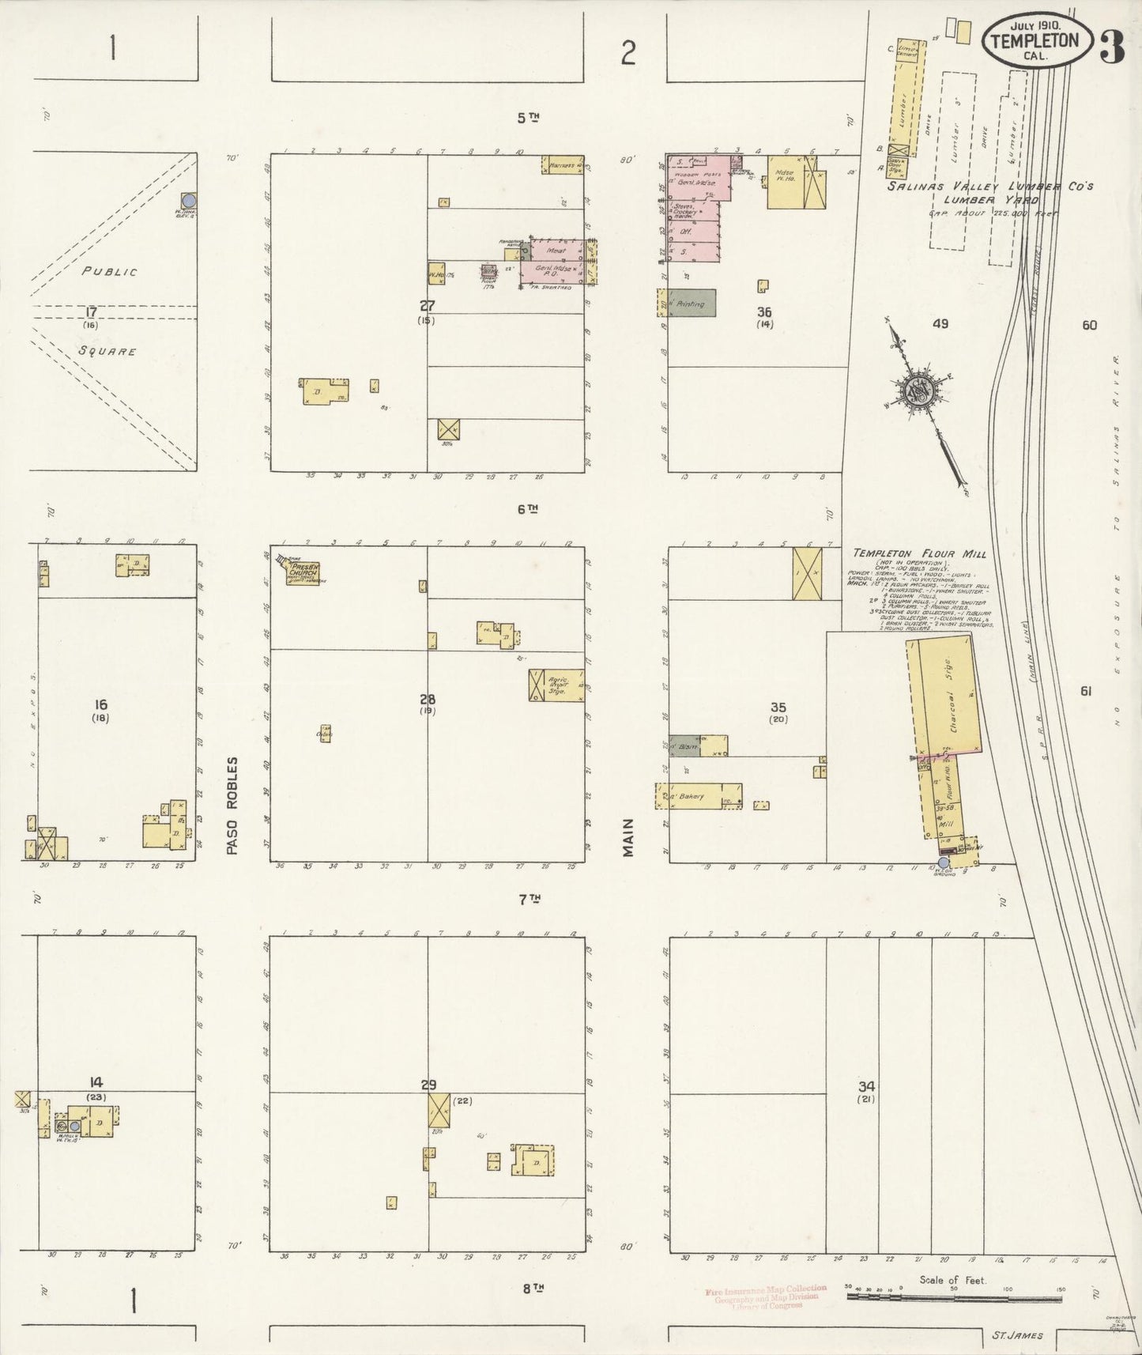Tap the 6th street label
(529, 509)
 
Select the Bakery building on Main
(699, 796)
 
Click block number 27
(427, 305)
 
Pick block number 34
(866, 1086)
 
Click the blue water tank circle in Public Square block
(190, 201)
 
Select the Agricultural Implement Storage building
(556, 685)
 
